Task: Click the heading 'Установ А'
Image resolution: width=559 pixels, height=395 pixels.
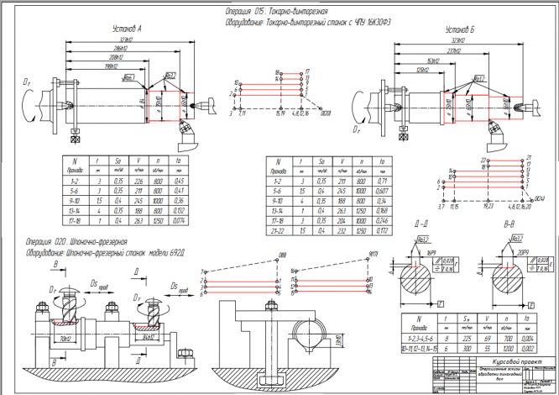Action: tap(127, 29)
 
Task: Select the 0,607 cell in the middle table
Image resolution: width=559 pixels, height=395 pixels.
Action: tap(382, 191)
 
